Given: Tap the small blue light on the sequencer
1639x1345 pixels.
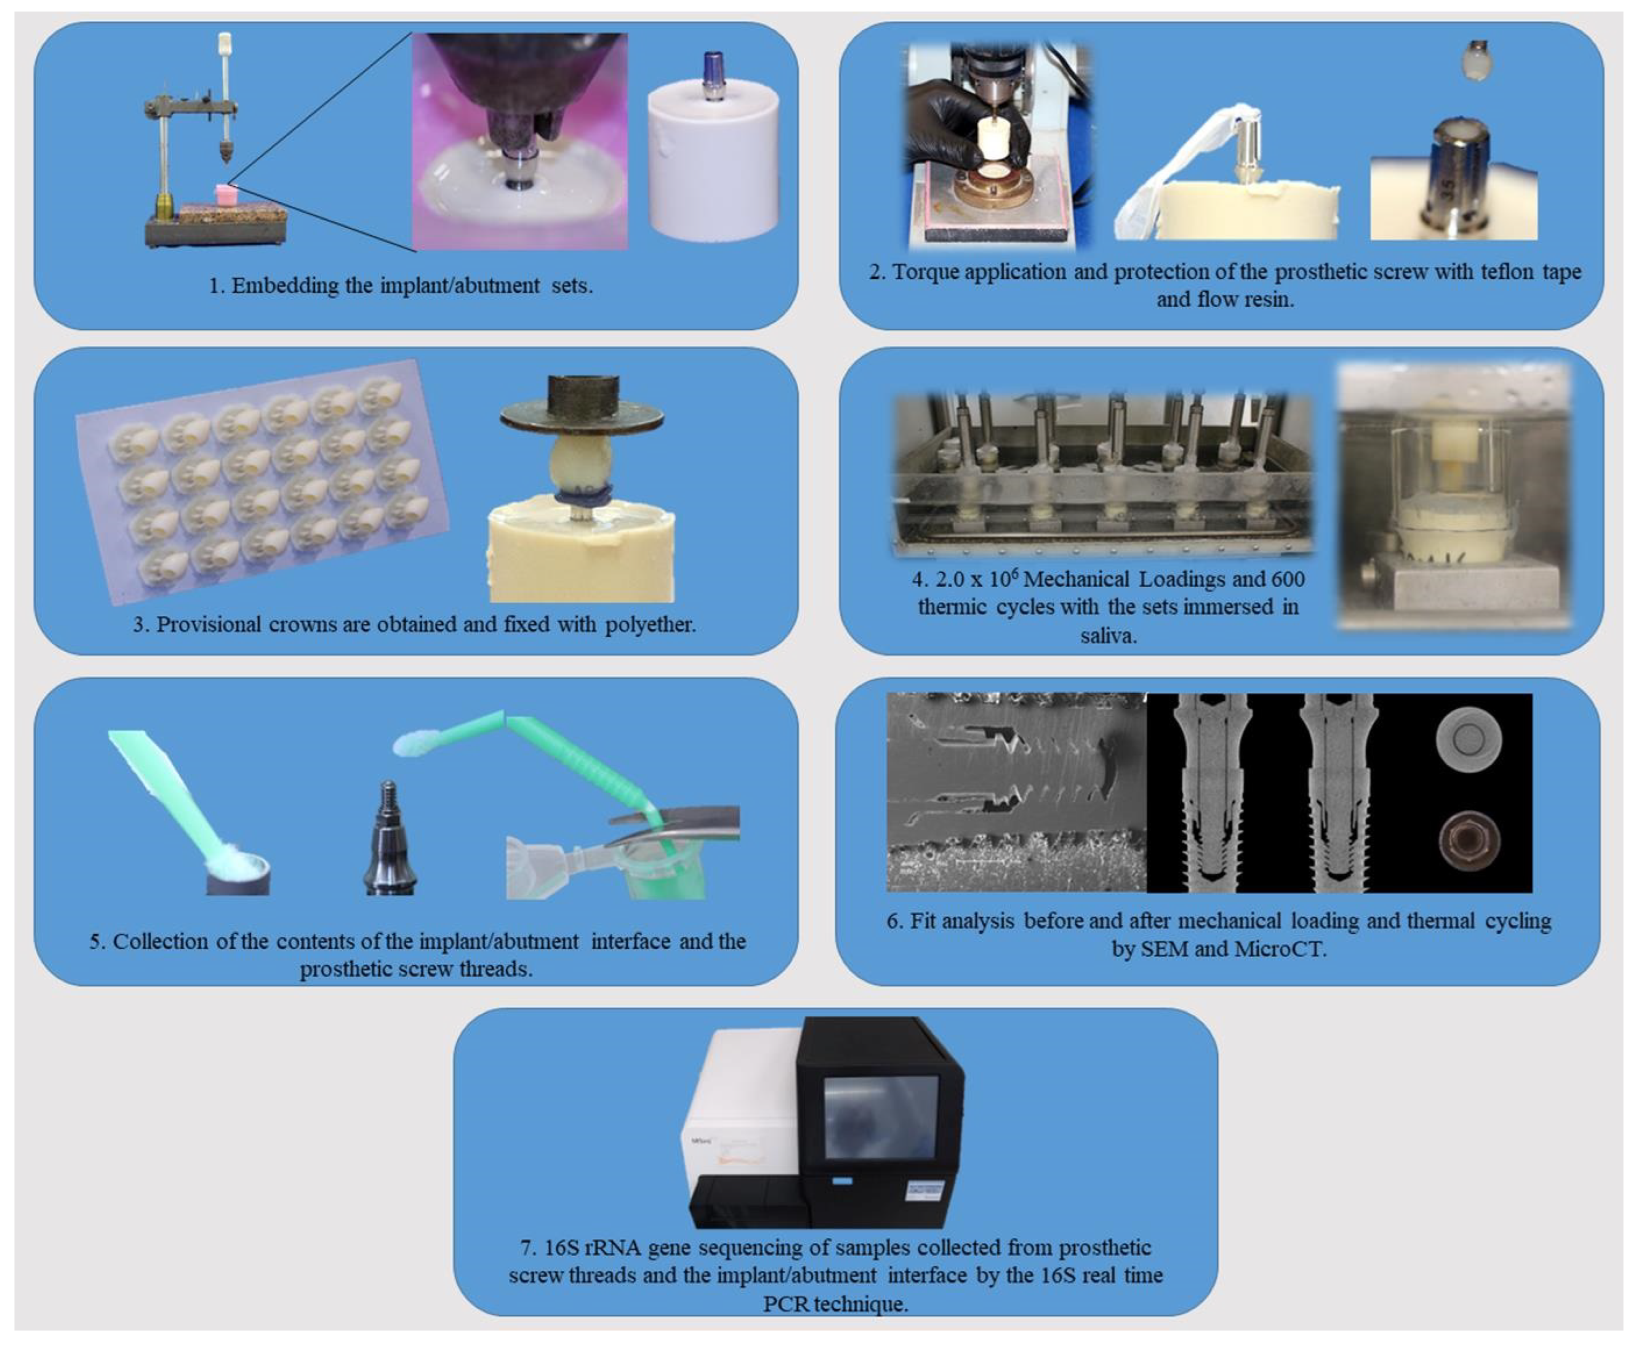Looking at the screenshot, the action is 842,1181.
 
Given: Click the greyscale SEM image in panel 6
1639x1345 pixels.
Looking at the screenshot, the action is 1016,792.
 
